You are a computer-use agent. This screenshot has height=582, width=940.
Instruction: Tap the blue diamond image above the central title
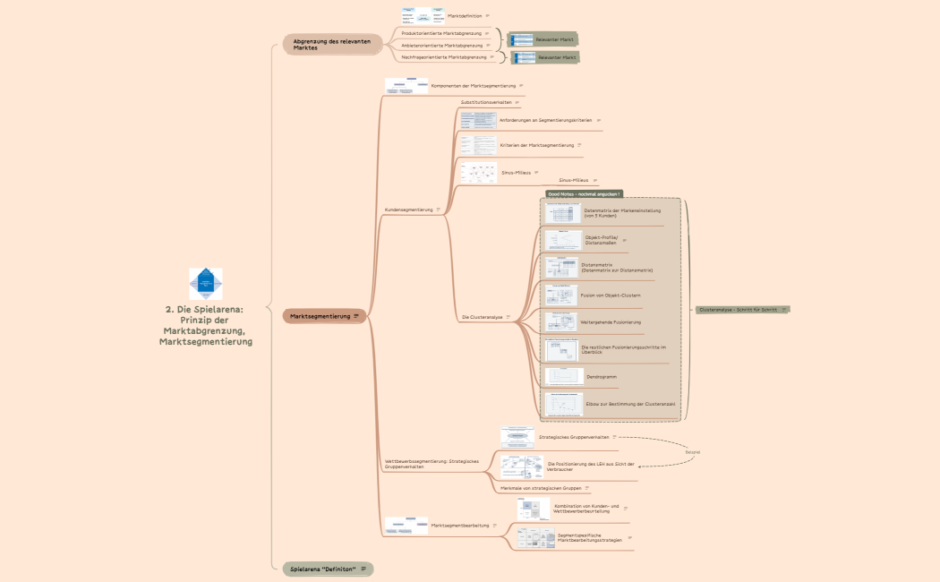[x=206, y=283]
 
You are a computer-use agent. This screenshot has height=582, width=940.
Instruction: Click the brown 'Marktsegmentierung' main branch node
[x=320, y=316]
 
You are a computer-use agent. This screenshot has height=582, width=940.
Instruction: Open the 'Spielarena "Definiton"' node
[x=323, y=569]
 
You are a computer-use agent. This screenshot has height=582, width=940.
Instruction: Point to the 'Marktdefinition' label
[x=465, y=15]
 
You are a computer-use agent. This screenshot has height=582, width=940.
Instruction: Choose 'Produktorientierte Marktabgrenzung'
[x=442, y=32]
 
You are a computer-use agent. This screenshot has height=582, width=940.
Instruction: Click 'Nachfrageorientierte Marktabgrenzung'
[x=444, y=56]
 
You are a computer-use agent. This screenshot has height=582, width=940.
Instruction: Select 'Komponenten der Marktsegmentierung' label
[x=474, y=86]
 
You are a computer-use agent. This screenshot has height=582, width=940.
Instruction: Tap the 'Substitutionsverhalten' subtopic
[x=486, y=102]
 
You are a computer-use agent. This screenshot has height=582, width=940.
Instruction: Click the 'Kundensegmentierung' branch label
[x=408, y=210]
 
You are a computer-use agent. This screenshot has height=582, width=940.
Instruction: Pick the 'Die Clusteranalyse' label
[x=482, y=317]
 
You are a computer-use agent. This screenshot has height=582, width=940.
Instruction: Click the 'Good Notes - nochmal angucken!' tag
[x=584, y=193]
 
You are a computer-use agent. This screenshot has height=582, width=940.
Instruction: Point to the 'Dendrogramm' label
[x=602, y=377]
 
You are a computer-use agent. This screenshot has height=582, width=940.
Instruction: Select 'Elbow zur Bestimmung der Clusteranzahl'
[x=630, y=405]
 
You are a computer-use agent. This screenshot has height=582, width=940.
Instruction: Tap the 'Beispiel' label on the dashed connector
[x=693, y=452]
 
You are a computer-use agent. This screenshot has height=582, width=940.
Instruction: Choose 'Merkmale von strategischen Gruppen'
[x=541, y=488]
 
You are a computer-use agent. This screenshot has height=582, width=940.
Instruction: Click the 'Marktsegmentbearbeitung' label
[x=460, y=526]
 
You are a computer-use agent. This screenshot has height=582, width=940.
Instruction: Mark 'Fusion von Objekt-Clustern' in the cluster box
[x=611, y=295]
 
